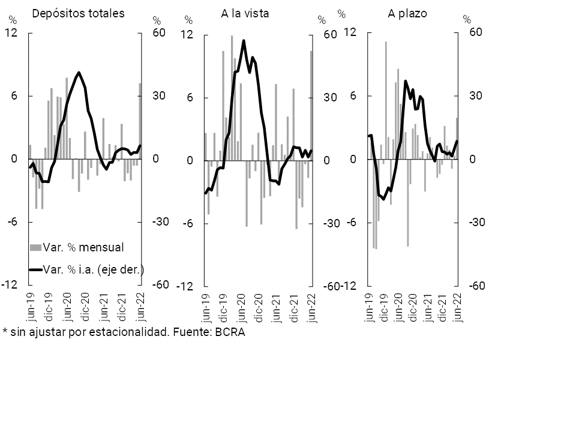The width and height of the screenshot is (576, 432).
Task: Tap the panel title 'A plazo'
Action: pyautogui.click(x=407, y=13)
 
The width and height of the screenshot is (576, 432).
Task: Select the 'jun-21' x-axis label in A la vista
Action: pyautogui.click(x=277, y=307)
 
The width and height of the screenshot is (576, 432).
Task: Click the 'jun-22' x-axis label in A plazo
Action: pyautogui.click(x=458, y=306)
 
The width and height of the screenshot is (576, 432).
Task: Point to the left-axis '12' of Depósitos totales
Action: pyautogui.click(x=10, y=33)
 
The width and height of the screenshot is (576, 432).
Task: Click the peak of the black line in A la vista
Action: pyautogui.click(x=244, y=41)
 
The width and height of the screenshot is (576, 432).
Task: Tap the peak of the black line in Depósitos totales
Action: pyautogui.click(x=79, y=73)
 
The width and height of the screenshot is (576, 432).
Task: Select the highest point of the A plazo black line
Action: pyautogui.click(x=406, y=81)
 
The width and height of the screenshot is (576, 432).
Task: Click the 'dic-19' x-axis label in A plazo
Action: pyautogui.click(x=384, y=306)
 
